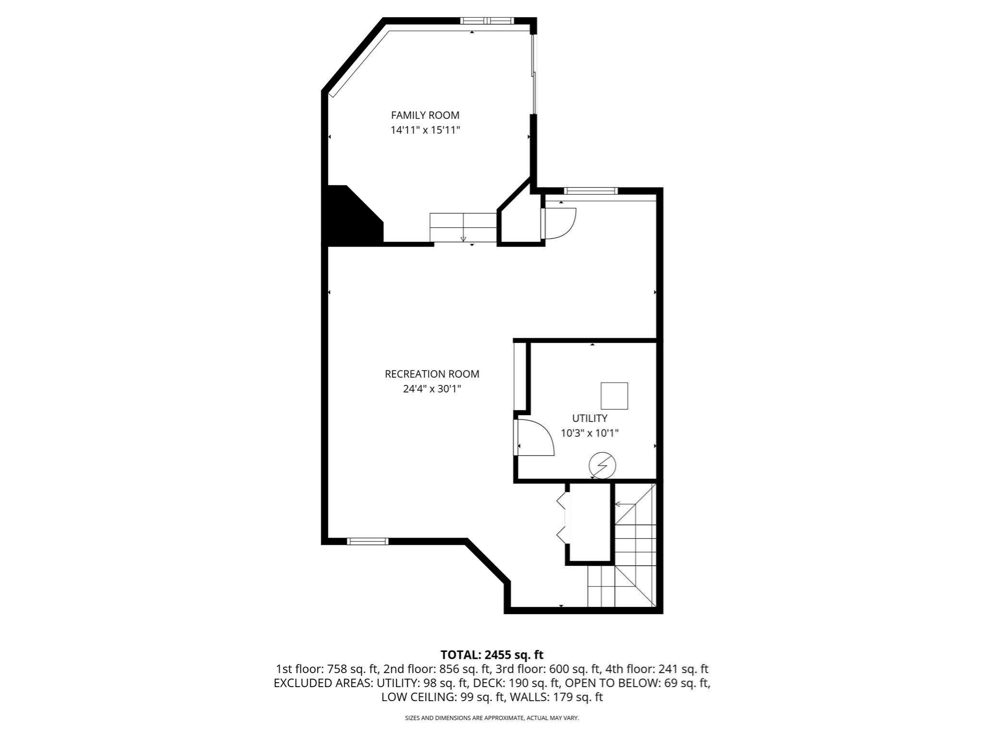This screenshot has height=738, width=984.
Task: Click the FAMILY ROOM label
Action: click(425, 115)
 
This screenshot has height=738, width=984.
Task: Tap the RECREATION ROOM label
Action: click(432, 374)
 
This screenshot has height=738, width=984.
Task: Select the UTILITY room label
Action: click(590, 418)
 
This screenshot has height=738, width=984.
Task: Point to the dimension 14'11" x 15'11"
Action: click(425, 130)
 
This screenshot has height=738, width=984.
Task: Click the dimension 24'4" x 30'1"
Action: click(432, 389)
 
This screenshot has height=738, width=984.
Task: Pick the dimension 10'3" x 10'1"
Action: click(590, 433)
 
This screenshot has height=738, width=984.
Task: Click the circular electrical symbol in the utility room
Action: click(603, 465)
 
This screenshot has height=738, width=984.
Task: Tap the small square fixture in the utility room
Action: click(614, 396)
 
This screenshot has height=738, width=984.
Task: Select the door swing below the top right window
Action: click(559, 223)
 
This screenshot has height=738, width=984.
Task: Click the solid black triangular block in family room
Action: click(351, 219)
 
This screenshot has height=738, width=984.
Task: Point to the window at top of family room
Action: click(487, 21)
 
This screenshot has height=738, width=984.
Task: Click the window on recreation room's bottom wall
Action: click(368, 541)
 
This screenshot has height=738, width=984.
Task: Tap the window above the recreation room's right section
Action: click(590, 191)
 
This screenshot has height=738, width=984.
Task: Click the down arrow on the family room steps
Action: click(463, 238)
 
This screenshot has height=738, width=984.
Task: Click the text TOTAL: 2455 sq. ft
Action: click(492, 654)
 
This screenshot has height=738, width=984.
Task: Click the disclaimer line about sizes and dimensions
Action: click(492, 718)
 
